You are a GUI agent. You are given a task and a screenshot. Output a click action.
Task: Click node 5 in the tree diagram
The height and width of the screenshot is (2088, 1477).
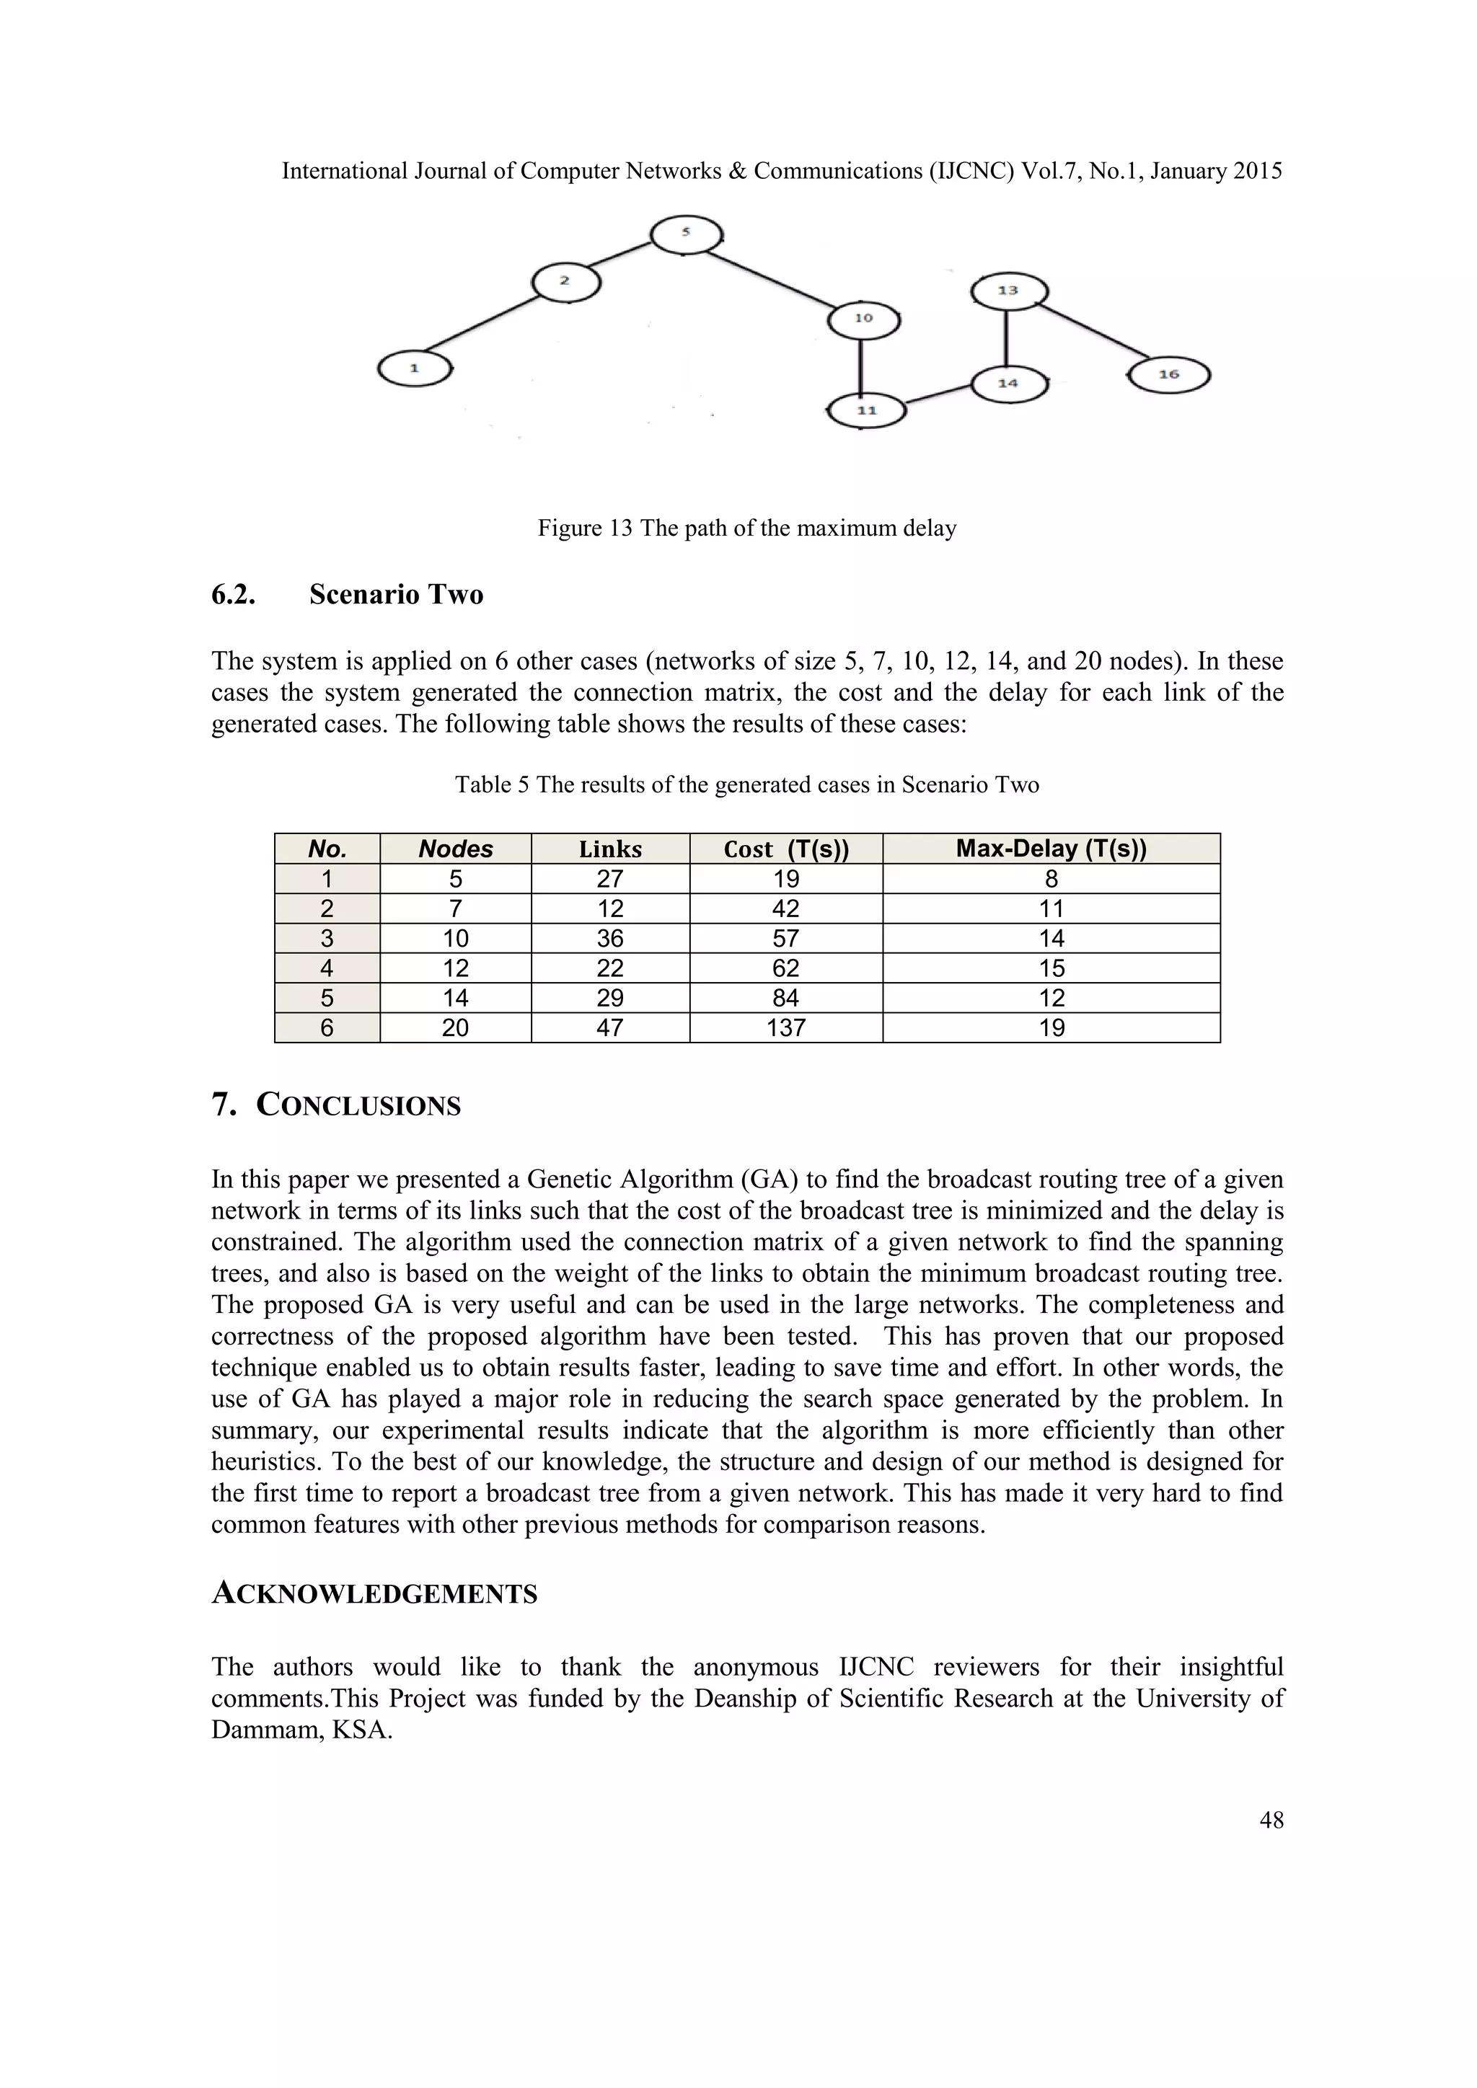[x=687, y=234]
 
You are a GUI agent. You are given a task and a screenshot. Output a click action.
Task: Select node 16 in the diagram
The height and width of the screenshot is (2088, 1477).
[x=1168, y=375]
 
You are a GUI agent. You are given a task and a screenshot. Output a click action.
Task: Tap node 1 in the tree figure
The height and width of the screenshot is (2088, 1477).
[x=415, y=369]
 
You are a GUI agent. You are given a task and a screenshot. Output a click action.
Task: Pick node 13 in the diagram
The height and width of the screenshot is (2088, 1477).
[x=1009, y=291]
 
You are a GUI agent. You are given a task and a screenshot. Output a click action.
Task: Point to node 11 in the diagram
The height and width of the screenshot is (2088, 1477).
[x=867, y=411]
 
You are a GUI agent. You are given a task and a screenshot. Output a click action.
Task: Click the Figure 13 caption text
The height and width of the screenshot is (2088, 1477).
[x=746, y=528]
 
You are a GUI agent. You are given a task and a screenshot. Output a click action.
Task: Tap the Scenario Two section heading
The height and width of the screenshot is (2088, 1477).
[x=396, y=595]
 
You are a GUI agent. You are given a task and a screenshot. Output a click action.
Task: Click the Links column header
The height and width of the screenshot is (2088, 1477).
[x=610, y=849]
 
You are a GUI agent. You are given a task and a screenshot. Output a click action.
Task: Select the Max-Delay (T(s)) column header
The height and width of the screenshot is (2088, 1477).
[x=1051, y=849]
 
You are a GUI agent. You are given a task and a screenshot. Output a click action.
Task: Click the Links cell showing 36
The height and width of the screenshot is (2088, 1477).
[x=610, y=939]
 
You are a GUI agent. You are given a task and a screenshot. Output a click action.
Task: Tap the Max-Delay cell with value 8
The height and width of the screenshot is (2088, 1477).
[x=1051, y=880]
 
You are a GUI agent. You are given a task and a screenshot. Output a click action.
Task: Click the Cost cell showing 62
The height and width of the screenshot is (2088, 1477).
[x=786, y=968]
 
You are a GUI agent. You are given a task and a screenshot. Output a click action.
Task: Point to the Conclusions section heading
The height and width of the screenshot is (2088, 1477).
[x=358, y=1106]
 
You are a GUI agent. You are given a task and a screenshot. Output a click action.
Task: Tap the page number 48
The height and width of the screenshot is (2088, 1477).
[x=1271, y=1820]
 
